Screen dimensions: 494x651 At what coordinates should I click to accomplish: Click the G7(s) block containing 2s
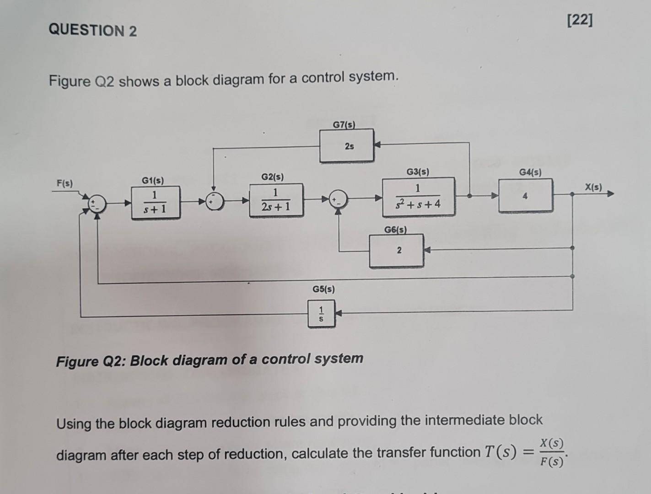coord(346,146)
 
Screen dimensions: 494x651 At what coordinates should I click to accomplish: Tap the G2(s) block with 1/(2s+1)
coord(276,200)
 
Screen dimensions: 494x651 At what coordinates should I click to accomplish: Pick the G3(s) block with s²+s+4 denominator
coord(419,197)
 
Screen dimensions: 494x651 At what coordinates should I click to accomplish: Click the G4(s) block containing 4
coord(525,196)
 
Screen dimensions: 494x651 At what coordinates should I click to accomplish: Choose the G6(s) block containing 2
coord(397,251)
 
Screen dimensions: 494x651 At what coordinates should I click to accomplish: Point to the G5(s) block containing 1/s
coord(321,314)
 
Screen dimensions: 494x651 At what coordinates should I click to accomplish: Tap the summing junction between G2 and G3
coord(338,199)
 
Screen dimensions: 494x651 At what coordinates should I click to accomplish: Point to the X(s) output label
coord(593,187)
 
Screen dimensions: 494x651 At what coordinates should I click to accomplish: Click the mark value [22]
coord(579,21)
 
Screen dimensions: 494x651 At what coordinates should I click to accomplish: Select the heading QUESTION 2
coord(92,31)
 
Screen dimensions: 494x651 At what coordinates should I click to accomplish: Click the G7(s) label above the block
coord(344,124)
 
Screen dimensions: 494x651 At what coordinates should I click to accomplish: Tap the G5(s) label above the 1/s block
coord(323,289)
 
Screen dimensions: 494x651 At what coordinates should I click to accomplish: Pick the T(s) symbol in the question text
coord(500,452)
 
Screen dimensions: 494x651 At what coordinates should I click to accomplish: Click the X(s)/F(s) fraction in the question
coord(551,452)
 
